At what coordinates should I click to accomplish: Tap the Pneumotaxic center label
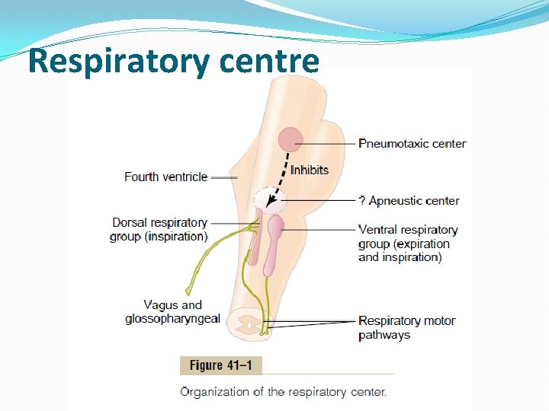click(413, 143)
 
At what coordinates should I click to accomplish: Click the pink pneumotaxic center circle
click(291, 139)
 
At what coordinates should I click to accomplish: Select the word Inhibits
click(310, 170)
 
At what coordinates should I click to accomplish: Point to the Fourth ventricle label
click(165, 177)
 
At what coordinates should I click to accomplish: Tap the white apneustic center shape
click(271, 200)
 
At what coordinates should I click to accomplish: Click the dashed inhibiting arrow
click(281, 175)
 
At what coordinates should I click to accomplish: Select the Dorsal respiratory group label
click(159, 229)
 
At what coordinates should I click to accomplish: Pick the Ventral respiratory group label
click(408, 243)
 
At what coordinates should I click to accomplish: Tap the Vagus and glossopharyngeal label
click(172, 312)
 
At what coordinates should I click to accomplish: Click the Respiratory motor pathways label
click(406, 327)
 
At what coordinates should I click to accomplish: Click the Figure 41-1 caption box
click(221, 365)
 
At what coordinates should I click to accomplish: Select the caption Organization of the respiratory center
click(284, 393)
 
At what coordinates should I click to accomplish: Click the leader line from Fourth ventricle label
click(223, 177)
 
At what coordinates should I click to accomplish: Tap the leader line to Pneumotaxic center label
click(329, 142)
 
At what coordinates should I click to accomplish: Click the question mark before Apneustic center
click(362, 201)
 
